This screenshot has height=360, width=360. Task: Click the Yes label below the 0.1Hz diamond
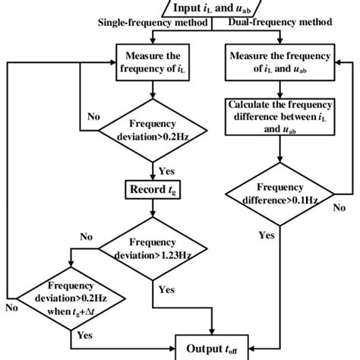tap(267, 235)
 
